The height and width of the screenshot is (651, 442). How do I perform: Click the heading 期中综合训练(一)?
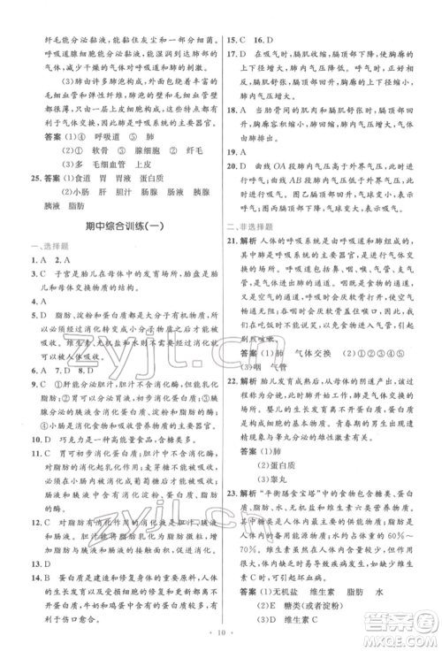click(111, 226)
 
